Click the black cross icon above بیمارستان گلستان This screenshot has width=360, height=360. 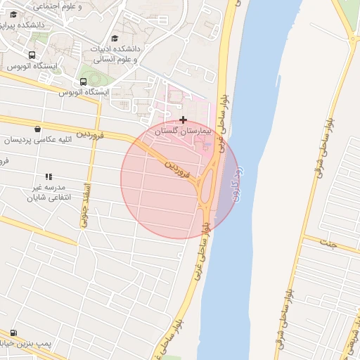[x=184, y=120]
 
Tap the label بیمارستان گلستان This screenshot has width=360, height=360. [x=182, y=131]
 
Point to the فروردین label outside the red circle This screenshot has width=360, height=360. [x=91, y=133]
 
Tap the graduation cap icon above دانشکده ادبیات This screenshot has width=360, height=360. [x=115, y=39]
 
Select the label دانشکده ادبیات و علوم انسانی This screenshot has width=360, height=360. [x=115, y=55]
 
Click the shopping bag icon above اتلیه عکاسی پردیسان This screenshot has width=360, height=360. [x=37, y=129]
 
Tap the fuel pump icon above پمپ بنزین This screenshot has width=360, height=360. [x=13, y=333]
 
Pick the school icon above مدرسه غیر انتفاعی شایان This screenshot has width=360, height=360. [x=49, y=176]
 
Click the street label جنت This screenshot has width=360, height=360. [x=328, y=243]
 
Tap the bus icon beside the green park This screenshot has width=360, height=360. [x=84, y=82]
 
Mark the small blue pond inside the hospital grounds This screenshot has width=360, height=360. [x=207, y=145]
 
